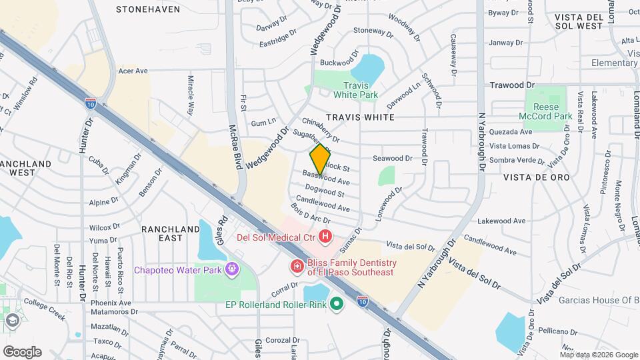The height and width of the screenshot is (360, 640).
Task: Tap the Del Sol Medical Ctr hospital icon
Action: pos(325,236)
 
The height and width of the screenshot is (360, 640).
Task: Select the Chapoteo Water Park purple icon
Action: pos(231,270)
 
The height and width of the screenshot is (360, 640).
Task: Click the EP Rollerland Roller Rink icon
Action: pos(337,305)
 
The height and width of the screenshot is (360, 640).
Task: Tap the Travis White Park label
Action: pos(360,90)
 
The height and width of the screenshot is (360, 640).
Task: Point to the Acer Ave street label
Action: pos(132,70)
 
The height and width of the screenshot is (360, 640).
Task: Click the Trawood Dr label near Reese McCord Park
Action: pos(512,85)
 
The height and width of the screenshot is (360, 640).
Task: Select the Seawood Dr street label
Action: pos(393,158)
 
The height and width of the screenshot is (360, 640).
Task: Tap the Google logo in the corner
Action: pos(22,351)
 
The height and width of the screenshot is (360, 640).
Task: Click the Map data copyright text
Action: pos(589,355)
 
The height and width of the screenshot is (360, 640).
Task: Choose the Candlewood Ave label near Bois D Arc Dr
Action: pos(323,204)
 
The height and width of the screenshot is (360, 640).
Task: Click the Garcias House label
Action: pos(599,300)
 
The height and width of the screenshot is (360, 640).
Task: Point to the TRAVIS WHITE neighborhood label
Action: pos(360,117)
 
